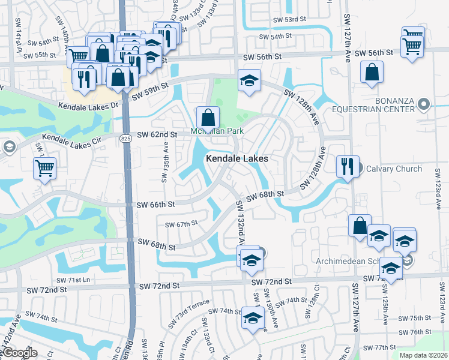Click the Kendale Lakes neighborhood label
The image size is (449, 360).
click(237, 158)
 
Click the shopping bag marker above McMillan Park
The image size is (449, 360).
click(208, 116)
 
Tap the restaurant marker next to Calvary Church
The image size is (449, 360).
click(346, 166)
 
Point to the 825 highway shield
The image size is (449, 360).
click(125, 139)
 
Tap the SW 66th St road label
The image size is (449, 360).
click(155, 205)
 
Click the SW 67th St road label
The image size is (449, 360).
click(181, 224)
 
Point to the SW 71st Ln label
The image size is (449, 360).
click(75, 280)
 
